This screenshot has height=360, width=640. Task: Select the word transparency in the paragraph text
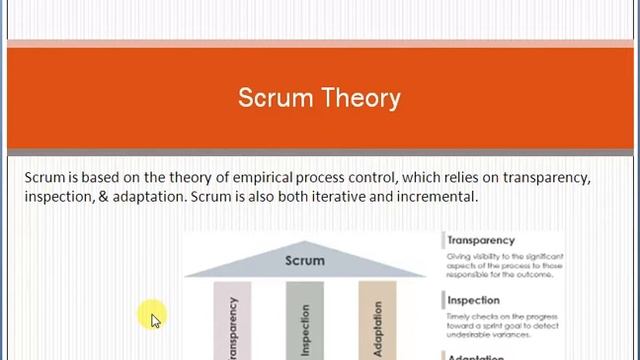(x=546, y=177)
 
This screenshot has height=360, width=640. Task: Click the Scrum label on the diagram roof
(x=305, y=260)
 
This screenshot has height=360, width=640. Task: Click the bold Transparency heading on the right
(x=481, y=240)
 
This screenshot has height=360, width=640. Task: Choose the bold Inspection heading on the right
(x=474, y=300)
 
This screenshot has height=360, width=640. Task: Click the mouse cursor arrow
(x=155, y=321)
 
